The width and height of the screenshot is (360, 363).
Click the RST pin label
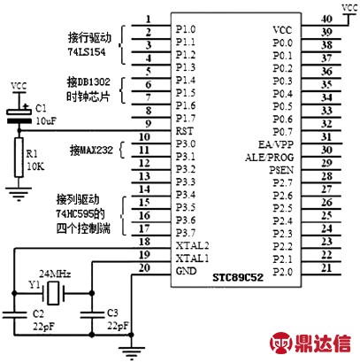pyautogui.click(x=185, y=131)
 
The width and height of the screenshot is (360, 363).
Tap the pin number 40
pyautogui.click(x=326, y=19)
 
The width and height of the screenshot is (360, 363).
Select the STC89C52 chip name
pyautogui.click(x=238, y=277)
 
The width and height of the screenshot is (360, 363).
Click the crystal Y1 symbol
pyautogui.click(x=53, y=293)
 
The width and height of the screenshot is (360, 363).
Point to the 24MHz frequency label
pyautogui.click(x=55, y=274)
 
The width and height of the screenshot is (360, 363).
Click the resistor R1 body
pyautogui.click(x=19, y=158)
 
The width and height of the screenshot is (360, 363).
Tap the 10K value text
pyautogui.click(x=35, y=166)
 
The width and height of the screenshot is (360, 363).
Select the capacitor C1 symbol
pyautogui.click(x=19, y=116)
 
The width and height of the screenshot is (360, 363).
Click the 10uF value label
pyautogui.click(x=46, y=121)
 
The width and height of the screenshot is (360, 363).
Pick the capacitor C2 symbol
pyautogui.click(x=14, y=314)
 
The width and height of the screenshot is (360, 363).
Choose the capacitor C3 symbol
pyautogui.click(x=92, y=314)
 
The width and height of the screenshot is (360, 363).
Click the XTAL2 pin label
pyautogui.click(x=192, y=245)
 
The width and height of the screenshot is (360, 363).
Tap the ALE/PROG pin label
pyautogui.click(x=270, y=158)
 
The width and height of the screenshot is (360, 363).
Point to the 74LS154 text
pyautogui.click(x=87, y=52)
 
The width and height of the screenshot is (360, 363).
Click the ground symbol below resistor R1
pyautogui.click(x=19, y=193)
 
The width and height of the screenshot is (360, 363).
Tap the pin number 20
pyautogui.click(x=144, y=268)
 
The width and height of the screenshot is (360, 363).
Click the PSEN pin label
pyautogui.click(x=281, y=170)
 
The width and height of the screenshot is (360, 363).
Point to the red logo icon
pyautogui.click(x=281, y=343)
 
